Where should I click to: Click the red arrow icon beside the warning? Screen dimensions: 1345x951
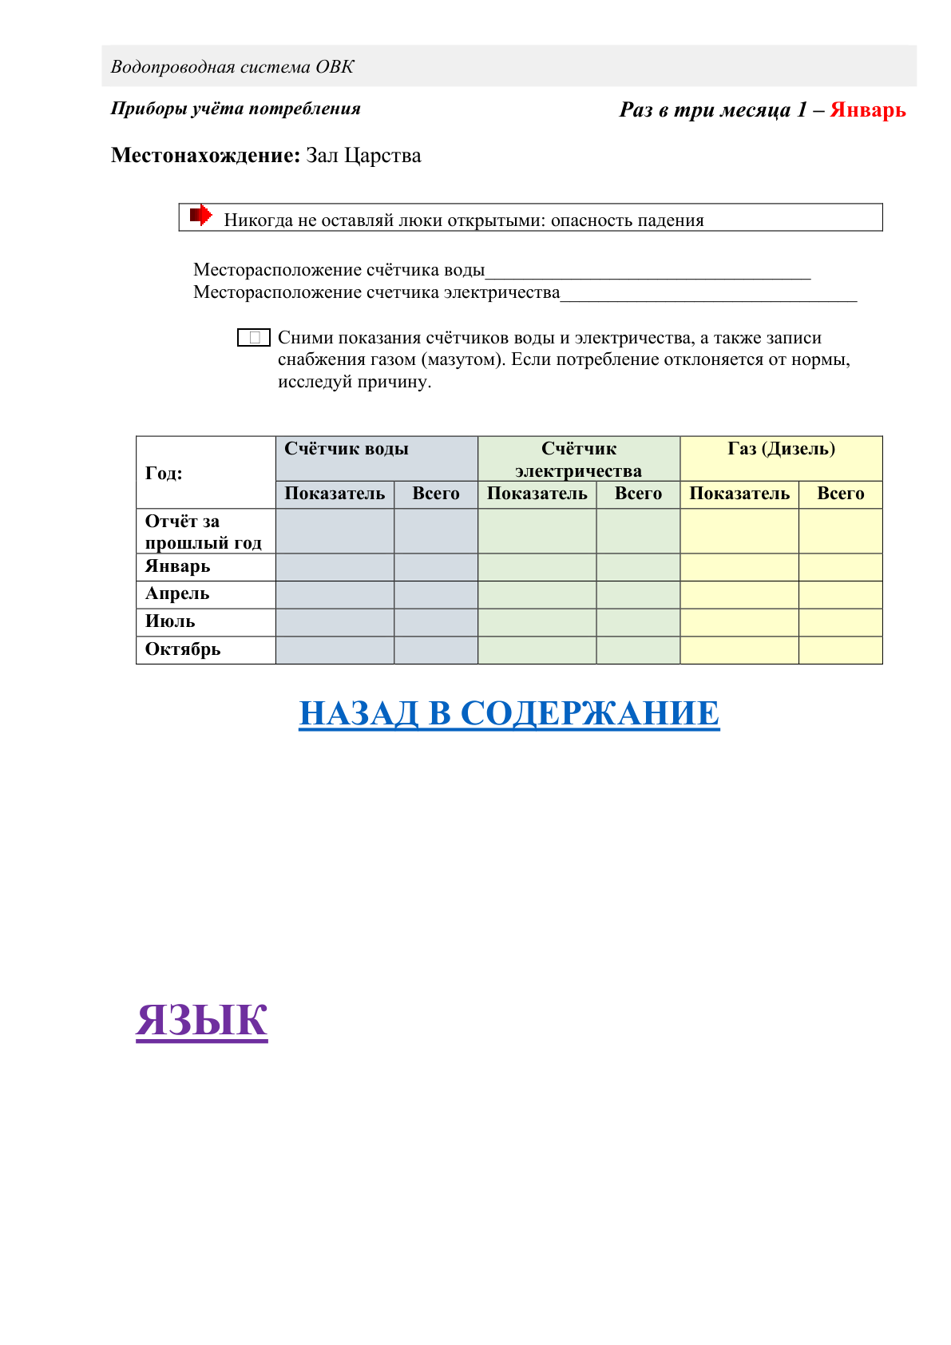click(200, 215)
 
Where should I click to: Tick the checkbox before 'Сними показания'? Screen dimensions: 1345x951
click(254, 338)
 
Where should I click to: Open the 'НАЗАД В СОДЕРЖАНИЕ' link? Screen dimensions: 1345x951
click(509, 713)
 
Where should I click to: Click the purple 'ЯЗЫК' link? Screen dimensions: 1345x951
click(201, 1020)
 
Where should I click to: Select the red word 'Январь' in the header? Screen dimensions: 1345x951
click(867, 110)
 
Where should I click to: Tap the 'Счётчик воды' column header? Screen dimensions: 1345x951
click(347, 449)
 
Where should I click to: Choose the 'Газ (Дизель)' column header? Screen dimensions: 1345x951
click(781, 449)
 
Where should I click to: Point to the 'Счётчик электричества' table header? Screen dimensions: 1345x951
click(578, 459)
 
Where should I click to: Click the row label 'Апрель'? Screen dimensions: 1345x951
click(177, 594)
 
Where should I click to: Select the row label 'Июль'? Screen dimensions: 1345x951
click(170, 622)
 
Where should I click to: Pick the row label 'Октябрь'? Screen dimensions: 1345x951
click(183, 649)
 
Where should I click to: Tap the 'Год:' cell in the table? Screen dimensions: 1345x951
click(164, 473)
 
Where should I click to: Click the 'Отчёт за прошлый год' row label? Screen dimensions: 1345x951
click(203, 532)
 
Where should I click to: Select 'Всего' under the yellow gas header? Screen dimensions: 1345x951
click(840, 494)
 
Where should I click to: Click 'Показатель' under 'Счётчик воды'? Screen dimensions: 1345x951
click(335, 494)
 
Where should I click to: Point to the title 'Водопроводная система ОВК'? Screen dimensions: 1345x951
click(232, 67)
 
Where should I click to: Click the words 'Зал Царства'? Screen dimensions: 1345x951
click(363, 156)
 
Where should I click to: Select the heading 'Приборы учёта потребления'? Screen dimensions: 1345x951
click(236, 109)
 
